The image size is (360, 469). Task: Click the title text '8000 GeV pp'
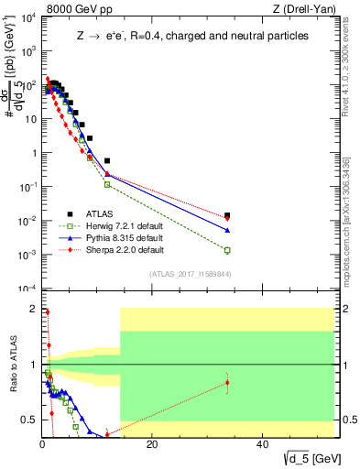75,9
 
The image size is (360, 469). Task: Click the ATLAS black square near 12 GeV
107,160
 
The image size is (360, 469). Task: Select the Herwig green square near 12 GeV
107,184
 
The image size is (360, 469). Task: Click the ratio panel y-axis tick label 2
33,310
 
